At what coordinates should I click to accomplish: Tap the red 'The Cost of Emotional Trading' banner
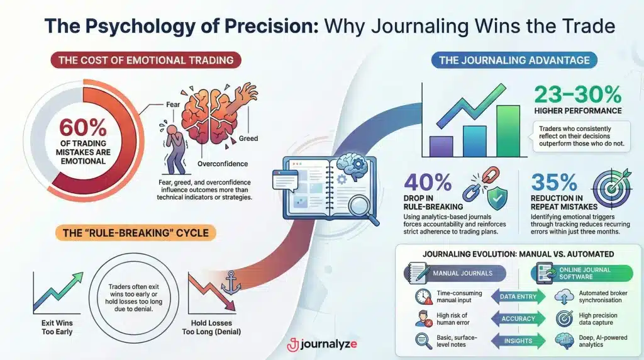click(145, 61)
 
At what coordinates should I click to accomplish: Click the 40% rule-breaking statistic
click(428, 183)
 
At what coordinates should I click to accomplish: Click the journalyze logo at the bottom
click(321, 345)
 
